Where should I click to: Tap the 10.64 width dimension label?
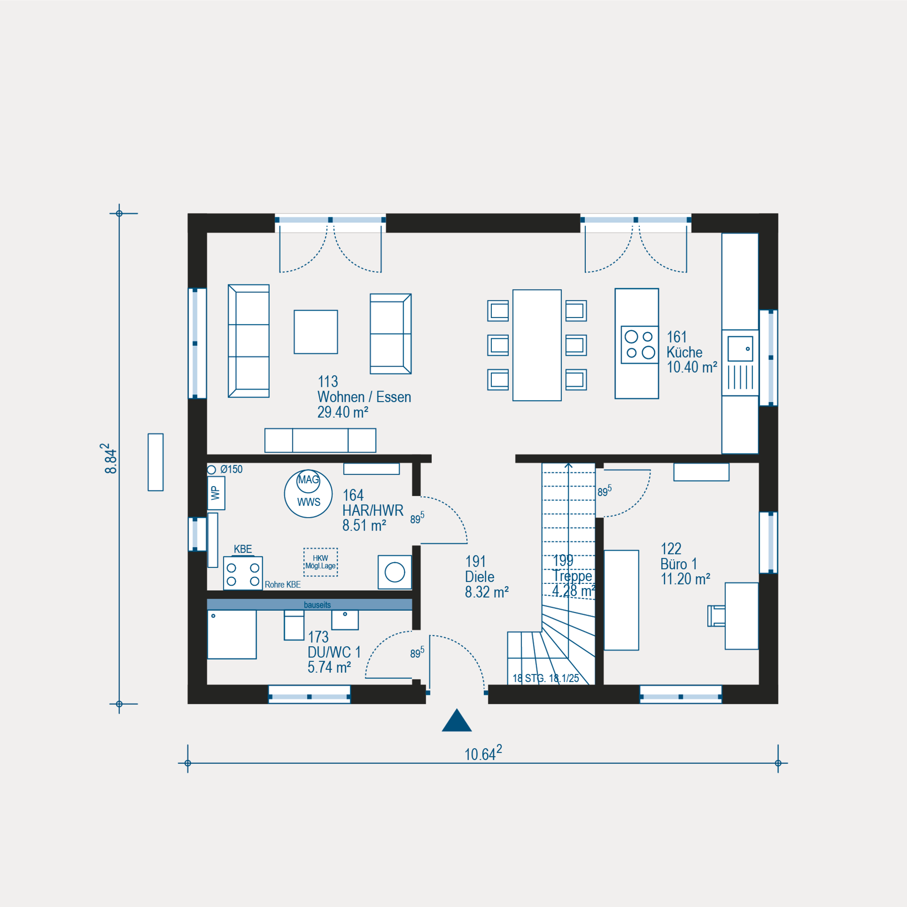click(x=483, y=753)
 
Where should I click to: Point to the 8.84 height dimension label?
click(x=111, y=458)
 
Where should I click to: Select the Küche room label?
click(x=684, y=352)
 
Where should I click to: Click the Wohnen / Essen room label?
click(x=364, y=397)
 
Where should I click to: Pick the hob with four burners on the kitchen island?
click(x=640, y=344)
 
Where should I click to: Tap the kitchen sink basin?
click(x=740, y=349)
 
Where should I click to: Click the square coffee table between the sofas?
click(x=316, y=332)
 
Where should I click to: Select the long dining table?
click(x=537, y=345)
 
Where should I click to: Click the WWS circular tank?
click(x=308, y=494)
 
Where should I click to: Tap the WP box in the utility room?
click(x=216, y=493)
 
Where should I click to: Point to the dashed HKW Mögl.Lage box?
click(x=321, y=562)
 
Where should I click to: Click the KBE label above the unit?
click(x=243, y=549)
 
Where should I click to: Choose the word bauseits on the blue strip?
click(x=317, y=605)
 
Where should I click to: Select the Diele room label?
click(x=479, y=577)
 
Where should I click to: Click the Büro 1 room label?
click(x=679, y=564)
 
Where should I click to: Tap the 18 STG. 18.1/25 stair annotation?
click(x=546, y=678)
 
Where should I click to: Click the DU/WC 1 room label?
click(x=334, y=652)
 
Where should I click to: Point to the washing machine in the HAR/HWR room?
click(x=394, y=573)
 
